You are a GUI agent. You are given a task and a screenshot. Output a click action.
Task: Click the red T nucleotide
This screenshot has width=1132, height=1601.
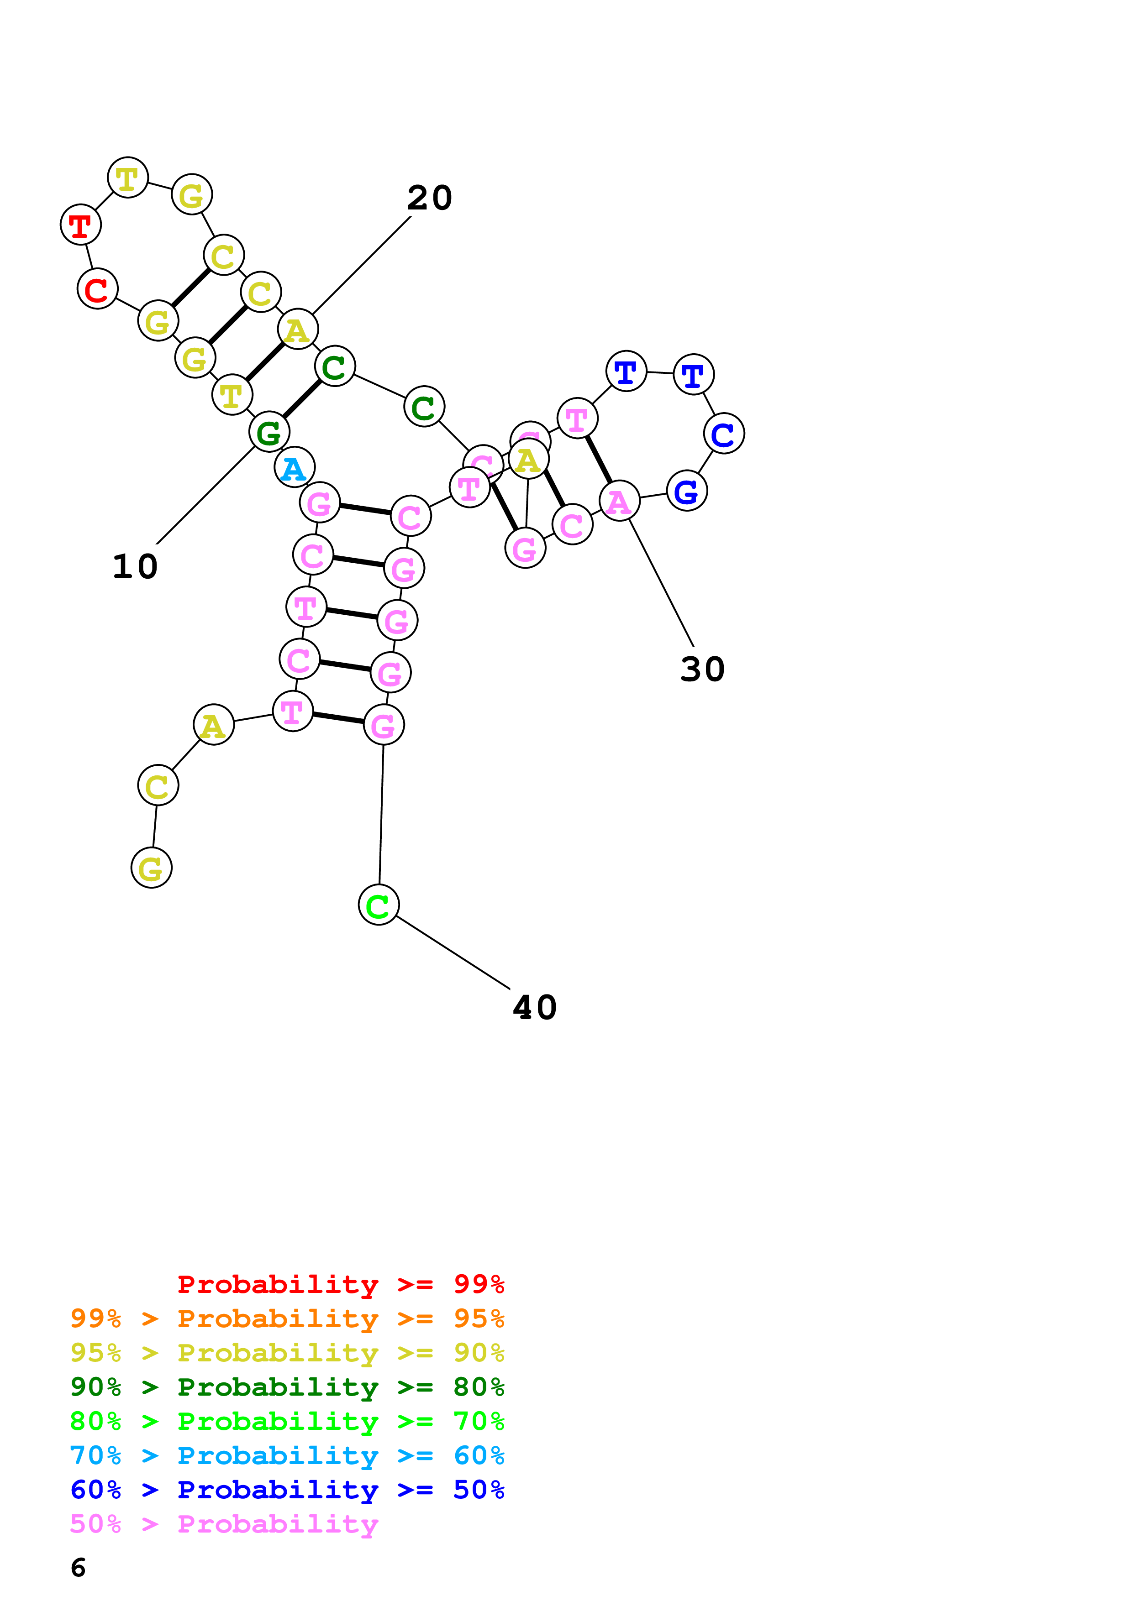pyautogui.click(x=81, y=225)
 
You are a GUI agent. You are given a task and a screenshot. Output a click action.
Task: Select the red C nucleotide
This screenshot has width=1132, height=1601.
pyautogui.click(x=97, y=289)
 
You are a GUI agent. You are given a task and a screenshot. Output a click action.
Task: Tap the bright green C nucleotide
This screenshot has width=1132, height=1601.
pyautogui.click(x=378, y=905)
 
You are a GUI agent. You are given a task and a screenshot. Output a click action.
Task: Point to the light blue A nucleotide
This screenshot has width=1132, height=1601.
pyautogui.click(x=295, y=467)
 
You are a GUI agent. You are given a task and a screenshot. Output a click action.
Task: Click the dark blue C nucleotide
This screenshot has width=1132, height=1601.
pyautogui.click(x=723, y=434)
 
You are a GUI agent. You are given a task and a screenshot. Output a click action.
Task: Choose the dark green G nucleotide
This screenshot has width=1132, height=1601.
pyautogui.click(x=269, y=432)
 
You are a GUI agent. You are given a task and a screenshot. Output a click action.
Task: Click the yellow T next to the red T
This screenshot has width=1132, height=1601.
pyautogui.click(x=128, y=178)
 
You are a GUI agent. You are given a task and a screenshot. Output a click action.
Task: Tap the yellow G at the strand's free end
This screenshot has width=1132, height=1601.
pyautogui.click(x=151, y=868)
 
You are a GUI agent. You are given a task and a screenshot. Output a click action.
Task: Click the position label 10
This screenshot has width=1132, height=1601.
pyautogui.click(x=135, y=566)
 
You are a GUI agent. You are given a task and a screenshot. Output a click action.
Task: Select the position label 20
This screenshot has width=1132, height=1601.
pyautogui.click(x=430, y=198)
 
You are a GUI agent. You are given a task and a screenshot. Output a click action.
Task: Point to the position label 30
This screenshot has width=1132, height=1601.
pyautogui.click(x=702, y=670)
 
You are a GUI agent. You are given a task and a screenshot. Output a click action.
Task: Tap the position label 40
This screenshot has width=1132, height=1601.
pyautogui.click(x=535, y=1008)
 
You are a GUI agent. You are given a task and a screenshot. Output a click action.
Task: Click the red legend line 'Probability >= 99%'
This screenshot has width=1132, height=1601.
pyautogui.click(x=340, y=1284)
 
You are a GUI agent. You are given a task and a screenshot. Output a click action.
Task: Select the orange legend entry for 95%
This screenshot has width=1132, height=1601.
pyautogui.click(x=287, y=1318)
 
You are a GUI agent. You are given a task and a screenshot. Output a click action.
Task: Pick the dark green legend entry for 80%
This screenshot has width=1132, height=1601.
pyautogui.click(x=287, y=1387)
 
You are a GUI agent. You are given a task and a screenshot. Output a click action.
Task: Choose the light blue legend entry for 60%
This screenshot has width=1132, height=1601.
pyautogui.click(x=287, y=1455)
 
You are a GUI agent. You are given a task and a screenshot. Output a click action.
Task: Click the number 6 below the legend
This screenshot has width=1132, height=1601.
pyautogui.click(x=78, y=1568)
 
